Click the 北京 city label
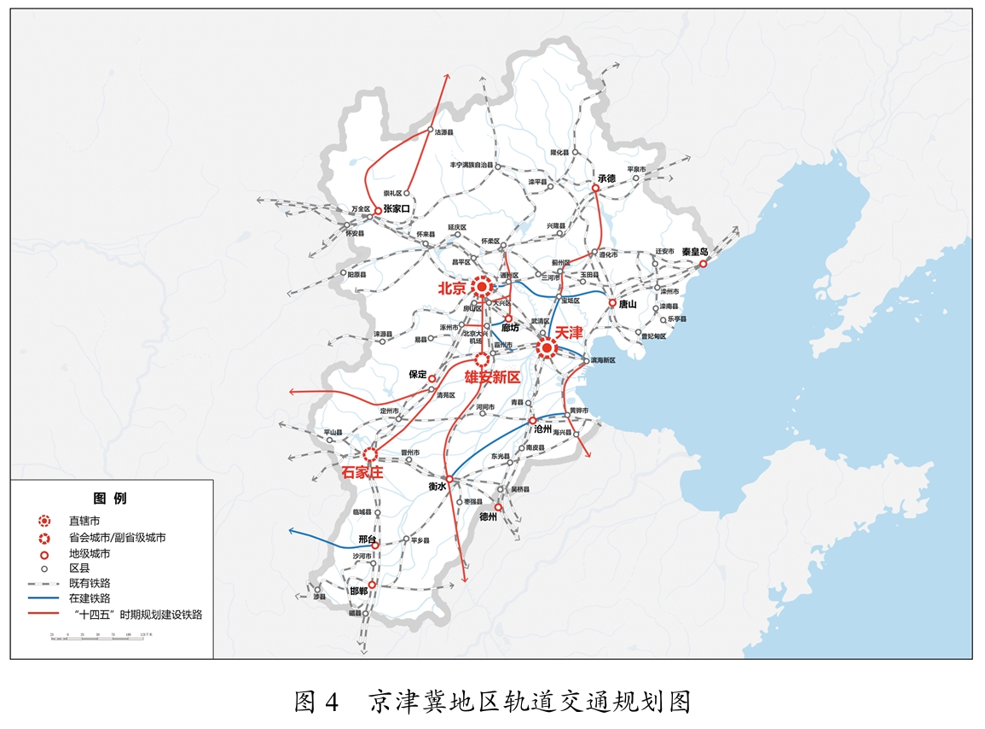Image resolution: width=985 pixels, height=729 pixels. tap(453, 289)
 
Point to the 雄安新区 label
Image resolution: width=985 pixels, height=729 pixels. tap(492, 376)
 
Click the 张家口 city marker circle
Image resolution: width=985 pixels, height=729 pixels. tap(378, 210)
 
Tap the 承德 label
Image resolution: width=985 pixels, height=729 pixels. tap(606, 178)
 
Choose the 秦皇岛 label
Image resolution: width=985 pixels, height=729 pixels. tap(695, 252)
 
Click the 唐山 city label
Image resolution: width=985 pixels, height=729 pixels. tap(629, 304)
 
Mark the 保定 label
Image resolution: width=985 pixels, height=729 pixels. tap(417, 374)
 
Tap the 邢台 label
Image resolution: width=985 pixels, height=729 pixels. tap(367, 539)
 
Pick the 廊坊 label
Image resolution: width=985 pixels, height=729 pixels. tap(510, 328)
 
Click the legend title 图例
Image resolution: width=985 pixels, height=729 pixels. tap(110, 499)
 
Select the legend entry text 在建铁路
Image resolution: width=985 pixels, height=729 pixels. tap(90, 598)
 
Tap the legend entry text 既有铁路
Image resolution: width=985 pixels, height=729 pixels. tap(90, 583)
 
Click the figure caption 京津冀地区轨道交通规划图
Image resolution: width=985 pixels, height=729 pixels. tap(529, 702)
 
